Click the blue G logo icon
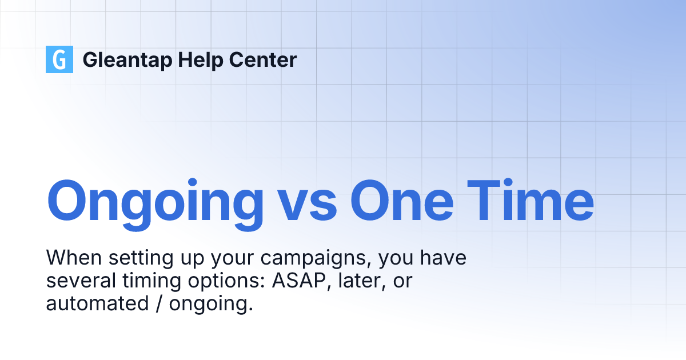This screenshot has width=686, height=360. pyautogui.click(x=59, y=59)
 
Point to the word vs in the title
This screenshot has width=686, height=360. pyautogui.click(x=307, y=201)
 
